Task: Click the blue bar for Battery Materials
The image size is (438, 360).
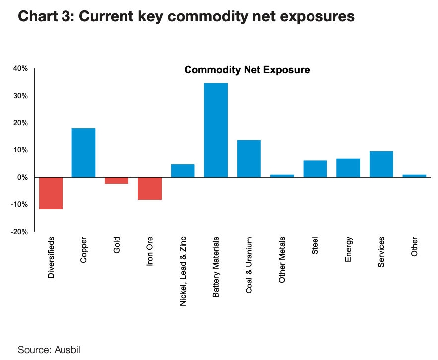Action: [x=216, y=130]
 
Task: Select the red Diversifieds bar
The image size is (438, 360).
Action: [x=51, y=193]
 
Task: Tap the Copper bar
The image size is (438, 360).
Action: [x=83, y=153]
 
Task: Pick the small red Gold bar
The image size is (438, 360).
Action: [x=117, y=180]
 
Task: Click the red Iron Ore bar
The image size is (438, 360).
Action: [x=150, y=188]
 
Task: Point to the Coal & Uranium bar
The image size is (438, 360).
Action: [x=249, y=159]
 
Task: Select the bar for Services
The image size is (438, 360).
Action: [x=381, y=164]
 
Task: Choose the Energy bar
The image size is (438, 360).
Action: [x=348, y=168]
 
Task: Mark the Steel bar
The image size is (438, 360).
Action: [x=315, y=169]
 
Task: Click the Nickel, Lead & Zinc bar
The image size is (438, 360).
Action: [x=183, y=171]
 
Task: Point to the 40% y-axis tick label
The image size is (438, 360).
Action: [x=20, y=68]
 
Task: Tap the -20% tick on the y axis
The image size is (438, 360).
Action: [x=19, y=232]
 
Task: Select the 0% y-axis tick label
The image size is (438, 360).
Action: [x=23, y=177]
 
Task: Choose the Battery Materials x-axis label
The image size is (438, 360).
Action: [x=216, y=267]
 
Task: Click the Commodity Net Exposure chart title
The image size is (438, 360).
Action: [x=247, y=70]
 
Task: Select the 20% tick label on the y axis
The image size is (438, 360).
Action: [x=20, y=123]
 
